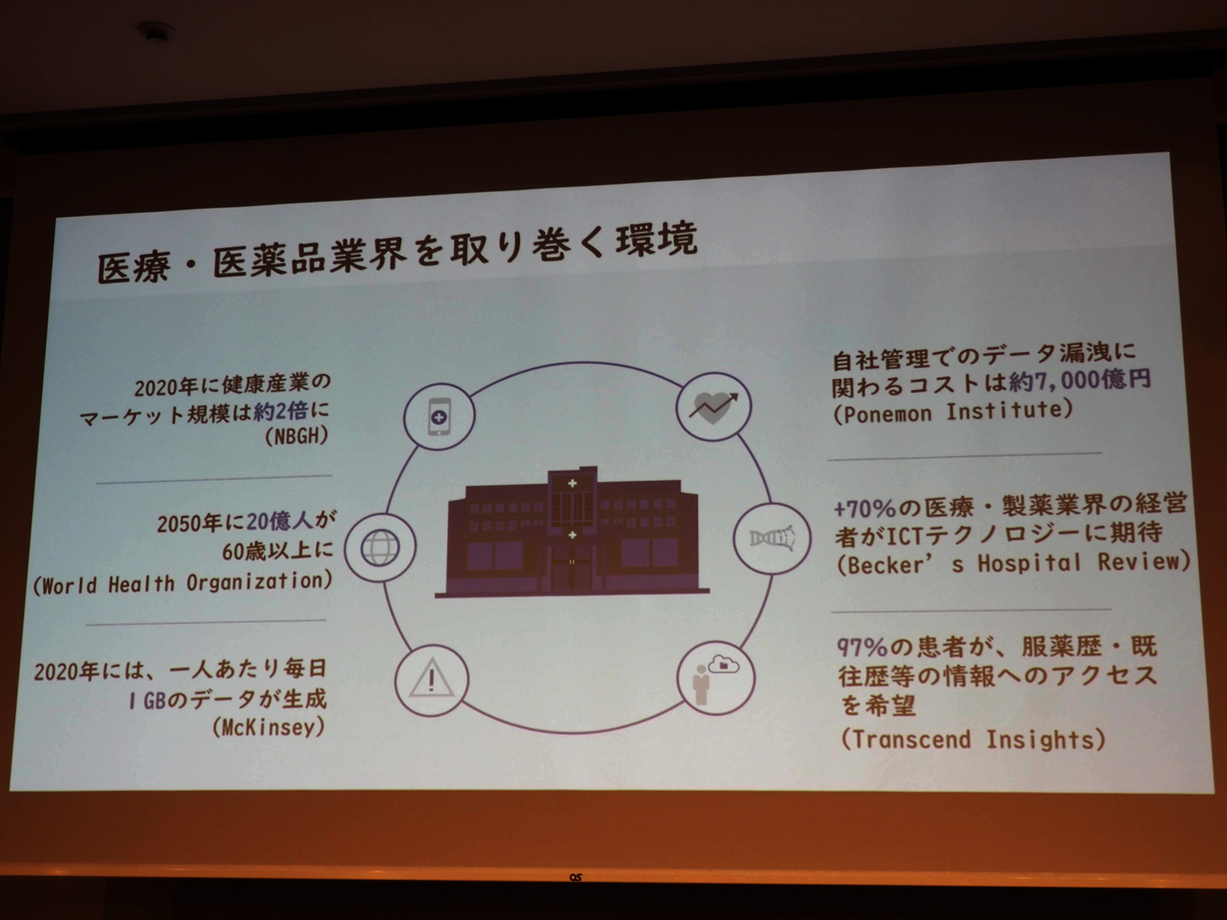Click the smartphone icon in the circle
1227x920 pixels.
click(439, 417)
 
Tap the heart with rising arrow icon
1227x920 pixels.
click(714, 407)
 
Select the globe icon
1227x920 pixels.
click(380, 547)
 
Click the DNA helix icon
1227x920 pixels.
click(772, 538)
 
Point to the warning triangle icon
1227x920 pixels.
click(432, 678)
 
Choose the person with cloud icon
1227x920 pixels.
click(715, 678)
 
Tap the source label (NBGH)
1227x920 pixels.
click(297, 437)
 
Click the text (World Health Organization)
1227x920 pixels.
click(183, 583)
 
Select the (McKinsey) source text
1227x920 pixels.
click(268, 727)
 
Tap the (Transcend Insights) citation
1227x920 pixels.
click(973, 739)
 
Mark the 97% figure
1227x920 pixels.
click(863, 648)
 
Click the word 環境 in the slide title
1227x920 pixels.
click(657, 239)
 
